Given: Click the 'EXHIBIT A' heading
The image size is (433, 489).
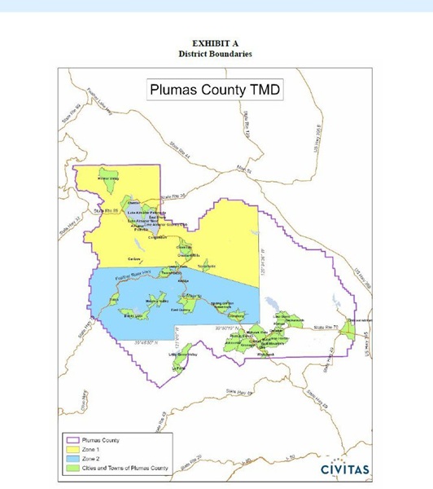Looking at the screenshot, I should (x=216, y=43).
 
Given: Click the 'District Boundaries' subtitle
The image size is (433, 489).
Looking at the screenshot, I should (x=216, y=54).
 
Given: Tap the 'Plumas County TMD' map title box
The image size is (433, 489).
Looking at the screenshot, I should (x=216, y=90).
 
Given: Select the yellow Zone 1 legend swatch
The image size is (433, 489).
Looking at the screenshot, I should (x=72, y=449).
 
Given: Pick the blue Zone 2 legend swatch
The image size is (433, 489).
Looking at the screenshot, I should (x=72, y=459).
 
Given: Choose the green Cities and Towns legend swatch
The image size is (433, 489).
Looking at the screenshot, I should (x=72, y=468).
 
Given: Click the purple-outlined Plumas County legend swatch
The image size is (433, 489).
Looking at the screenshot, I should (x=72, y=440).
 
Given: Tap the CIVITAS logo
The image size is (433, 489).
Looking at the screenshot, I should (x=345, y=469).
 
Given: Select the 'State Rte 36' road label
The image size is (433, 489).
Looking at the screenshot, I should (x=173, y=196).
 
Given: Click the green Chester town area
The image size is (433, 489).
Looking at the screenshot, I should (x=133, y=201).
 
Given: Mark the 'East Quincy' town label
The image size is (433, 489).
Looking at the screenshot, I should (x=180, y=311).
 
